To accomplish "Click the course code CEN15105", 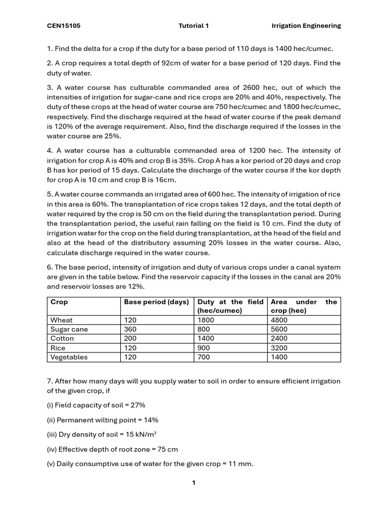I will (64, 26).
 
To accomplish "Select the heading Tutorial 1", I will (193, 26).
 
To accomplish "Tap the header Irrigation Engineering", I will (306, 26).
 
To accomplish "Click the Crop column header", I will (59, 302).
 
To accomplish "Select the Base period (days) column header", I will (156, 302).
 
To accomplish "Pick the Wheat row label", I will (62, 320).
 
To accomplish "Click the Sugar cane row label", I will (69, 329).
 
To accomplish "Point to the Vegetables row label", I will (69, 357).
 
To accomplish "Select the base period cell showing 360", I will (130, 329).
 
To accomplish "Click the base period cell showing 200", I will (130, 338).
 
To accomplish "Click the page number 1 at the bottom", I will (193, 483).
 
